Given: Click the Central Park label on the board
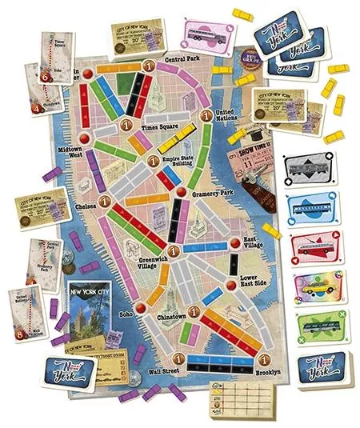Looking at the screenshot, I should click(181, 60).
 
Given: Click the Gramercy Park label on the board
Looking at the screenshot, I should click(212, 194).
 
